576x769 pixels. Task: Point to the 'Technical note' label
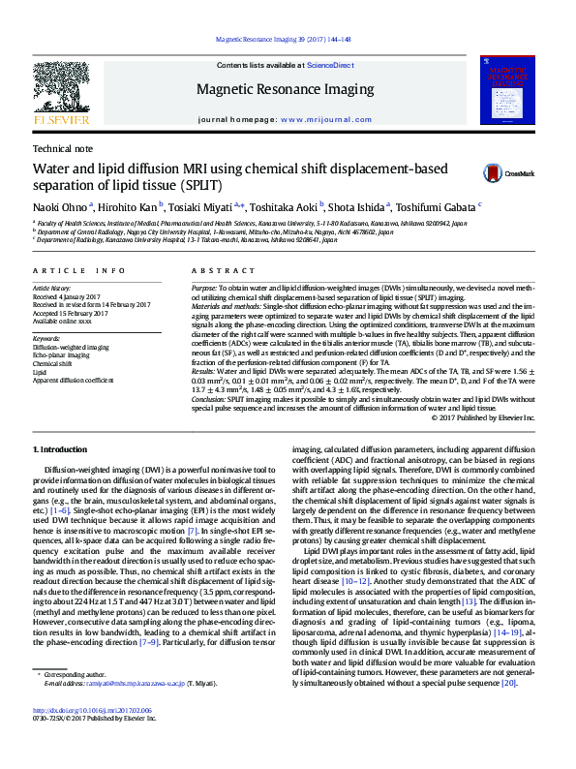pos(63,149)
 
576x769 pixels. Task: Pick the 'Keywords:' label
pos(48,338)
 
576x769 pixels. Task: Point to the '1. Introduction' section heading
pos(60,450)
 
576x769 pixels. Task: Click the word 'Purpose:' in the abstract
pos(204,289)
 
